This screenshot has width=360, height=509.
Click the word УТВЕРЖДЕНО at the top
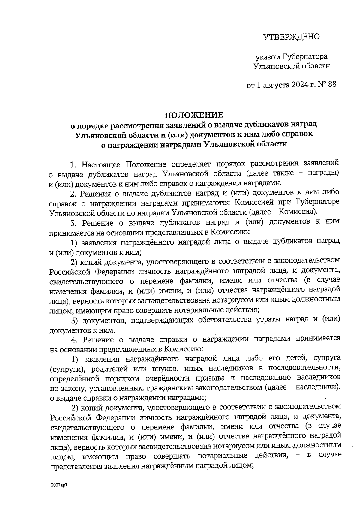click(291, 37)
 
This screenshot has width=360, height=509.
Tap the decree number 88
click(332, 85)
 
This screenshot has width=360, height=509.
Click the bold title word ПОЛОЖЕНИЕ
click(194, 115)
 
